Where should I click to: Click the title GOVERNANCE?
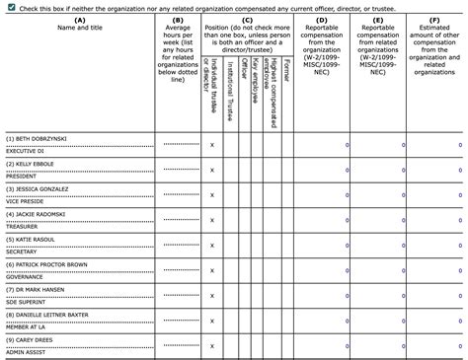point(26,277)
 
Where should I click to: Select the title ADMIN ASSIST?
point(27,352)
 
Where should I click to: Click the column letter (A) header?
point(79,20)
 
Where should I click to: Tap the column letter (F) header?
point(434,20)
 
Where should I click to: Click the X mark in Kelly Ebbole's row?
point(212,170)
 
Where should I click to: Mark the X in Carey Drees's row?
point(212,347)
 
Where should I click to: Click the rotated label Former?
point(286,69)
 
